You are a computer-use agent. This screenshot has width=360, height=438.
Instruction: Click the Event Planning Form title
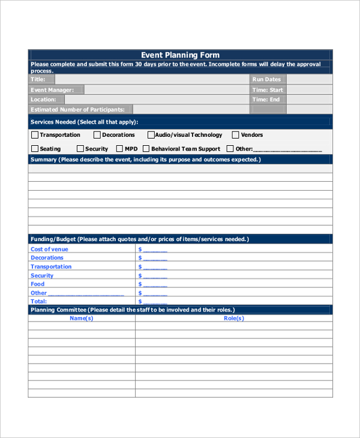tap(180, 55)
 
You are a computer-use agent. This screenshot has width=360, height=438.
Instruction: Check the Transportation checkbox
tap(34, 135)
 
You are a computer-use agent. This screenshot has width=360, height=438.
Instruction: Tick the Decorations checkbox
tap(97, 135)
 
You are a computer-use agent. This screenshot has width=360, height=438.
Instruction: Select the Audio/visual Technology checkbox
tap(151, 135)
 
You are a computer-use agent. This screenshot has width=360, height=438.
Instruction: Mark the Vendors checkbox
tap(235, 135)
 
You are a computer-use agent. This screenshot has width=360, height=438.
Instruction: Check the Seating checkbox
tap(34, 148)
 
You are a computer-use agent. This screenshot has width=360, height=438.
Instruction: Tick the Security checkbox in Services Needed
tap(80, 148)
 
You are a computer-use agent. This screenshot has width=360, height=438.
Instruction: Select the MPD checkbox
tap(119, 148)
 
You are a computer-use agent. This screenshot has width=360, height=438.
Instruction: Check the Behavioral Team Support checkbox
tap(146, 148)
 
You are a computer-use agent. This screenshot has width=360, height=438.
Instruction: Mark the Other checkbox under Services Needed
tap(230, 148)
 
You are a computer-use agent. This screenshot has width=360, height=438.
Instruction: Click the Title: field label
tap(38, 79)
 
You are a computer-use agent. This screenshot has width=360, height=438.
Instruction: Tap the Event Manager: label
tap(52, 90)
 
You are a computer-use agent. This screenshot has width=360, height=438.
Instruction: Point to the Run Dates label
tap(266, 79)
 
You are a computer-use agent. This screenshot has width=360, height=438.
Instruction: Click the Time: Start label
tap(268, 90)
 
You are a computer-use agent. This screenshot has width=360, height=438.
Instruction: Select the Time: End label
tap(266, 100)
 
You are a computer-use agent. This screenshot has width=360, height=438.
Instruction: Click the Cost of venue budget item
tap(49, 249)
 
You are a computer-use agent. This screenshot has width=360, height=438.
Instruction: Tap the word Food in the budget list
tap(38, 284)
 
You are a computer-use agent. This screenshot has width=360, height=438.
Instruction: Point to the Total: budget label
tap(38, 301)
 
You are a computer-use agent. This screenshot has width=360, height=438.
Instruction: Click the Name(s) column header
tap(82, 319)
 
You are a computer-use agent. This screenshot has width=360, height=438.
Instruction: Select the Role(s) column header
tap(233, 319)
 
